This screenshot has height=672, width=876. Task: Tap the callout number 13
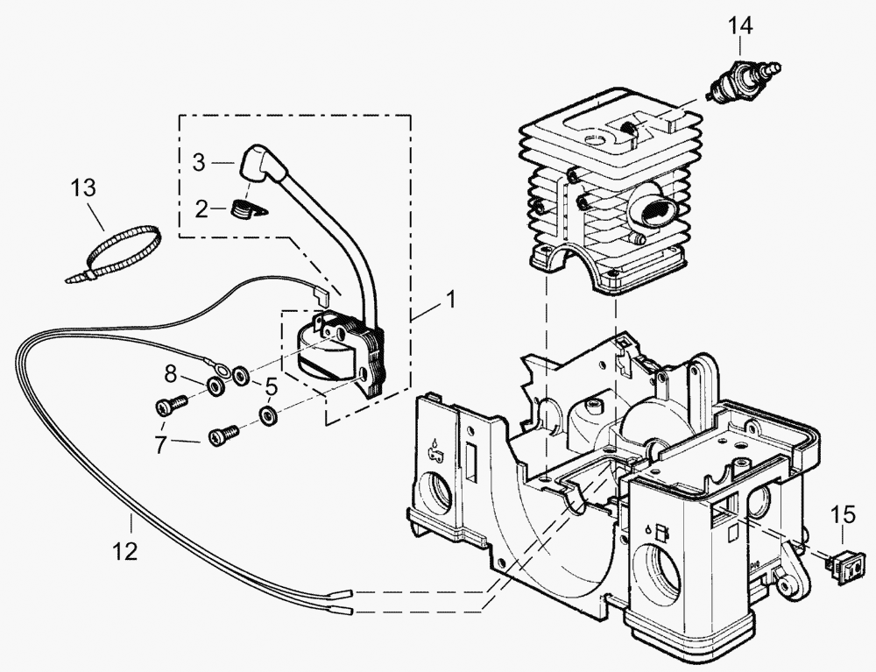(83, 188)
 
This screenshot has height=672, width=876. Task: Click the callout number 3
(199, 162)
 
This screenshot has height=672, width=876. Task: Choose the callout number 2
(201, 209)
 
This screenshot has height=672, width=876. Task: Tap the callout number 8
(172, 375)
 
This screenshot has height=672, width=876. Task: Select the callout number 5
(271, 386)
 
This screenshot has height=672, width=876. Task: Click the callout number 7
(160, 445)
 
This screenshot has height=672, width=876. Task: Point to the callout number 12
(125, 552)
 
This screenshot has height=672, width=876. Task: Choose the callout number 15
(840, 515)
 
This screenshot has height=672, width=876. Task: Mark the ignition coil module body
(333, 350)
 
